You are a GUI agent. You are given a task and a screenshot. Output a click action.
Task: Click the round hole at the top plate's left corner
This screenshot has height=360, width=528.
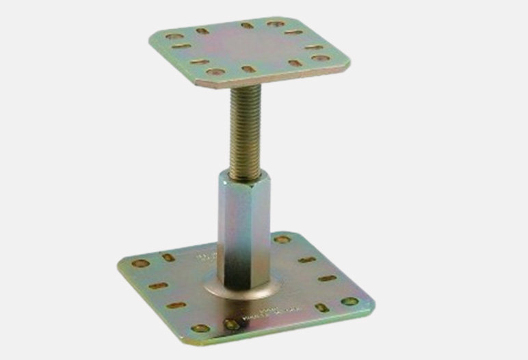coord(174,36)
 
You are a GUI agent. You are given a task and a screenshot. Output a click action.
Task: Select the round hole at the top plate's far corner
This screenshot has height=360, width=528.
coord(276,24)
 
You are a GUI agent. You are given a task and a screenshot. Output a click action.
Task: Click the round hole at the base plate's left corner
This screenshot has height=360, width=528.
coord(140,263)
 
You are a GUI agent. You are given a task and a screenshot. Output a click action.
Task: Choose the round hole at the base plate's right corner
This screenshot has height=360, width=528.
coord(349,300)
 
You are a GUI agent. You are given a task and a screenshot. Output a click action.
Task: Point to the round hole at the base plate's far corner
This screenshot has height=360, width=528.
coord(282,240)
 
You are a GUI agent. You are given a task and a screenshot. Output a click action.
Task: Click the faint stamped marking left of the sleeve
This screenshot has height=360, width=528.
coord(205,257)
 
